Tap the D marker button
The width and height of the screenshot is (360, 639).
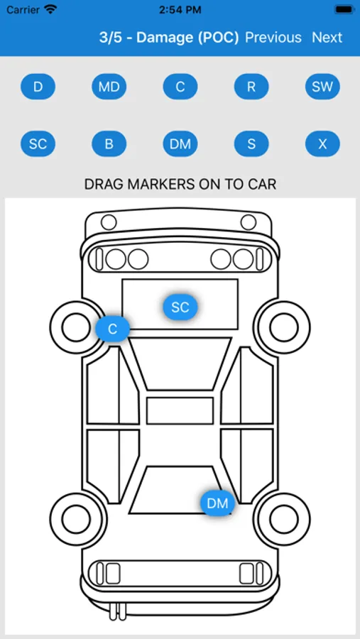(x=38, y=87)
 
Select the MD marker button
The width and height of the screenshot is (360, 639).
(x=109, y=87)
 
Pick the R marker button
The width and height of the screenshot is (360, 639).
(x=251, y=87)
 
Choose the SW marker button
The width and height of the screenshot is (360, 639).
(x=322, y=87)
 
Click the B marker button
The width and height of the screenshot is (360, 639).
(x=109, y=144)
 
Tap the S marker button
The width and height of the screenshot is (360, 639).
(x=251, y=144)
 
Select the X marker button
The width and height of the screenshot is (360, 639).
(x=322, y=144)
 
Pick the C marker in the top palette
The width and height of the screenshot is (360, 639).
(x=180, y=87)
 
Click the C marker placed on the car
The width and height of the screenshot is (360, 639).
(x=112, y=329)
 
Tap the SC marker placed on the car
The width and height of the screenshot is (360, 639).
(x=180, y=307)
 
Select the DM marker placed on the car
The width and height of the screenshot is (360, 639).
(x=217, y=503)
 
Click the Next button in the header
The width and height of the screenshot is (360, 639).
(x=327, y=38)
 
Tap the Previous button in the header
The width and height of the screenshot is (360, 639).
(x=273, y=38)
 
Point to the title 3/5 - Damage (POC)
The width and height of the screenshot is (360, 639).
(x=169, y=38)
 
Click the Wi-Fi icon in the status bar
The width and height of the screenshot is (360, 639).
(x=50, y=10)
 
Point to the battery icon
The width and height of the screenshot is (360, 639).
(x=345, y=9)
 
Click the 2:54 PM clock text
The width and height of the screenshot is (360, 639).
(x=180, y=10)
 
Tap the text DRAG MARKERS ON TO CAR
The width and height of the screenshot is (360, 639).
(x=180, y=184)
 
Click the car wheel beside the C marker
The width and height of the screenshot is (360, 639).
(x=76, y=327)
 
